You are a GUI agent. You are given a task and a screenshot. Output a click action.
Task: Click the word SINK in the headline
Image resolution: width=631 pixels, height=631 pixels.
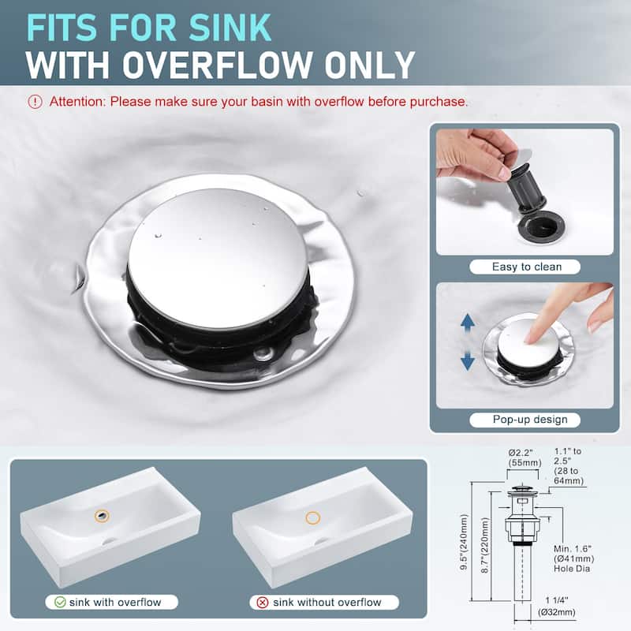point(230,28)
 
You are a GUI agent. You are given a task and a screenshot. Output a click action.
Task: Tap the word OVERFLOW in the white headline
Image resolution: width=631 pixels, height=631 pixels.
point(217,65)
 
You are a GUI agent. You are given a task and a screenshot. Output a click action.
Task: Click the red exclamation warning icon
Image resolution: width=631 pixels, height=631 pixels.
point(35,102)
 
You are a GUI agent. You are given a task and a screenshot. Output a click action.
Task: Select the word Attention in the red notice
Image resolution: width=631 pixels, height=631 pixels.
point(77,102)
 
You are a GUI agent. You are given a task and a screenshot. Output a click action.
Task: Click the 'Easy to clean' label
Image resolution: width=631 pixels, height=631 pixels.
point(526,267)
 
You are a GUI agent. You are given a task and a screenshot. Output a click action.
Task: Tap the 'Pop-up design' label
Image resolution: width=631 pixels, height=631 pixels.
point(530,420)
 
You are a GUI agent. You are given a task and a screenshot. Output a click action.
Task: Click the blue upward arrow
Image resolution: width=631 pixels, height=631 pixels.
point(467,323)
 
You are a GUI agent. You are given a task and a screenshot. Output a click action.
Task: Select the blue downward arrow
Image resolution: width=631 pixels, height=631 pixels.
point(467,360)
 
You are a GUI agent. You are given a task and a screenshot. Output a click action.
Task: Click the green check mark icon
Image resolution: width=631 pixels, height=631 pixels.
point(60,602)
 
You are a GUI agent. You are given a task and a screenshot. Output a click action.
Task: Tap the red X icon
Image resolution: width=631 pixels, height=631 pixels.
point(263,603)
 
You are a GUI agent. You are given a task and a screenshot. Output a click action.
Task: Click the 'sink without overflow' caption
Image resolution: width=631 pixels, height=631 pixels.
point(327,603)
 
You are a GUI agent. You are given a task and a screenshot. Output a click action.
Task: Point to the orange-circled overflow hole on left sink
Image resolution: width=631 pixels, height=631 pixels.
point(102,516)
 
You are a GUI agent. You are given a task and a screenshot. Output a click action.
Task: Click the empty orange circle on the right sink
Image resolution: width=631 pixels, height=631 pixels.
point(312,517)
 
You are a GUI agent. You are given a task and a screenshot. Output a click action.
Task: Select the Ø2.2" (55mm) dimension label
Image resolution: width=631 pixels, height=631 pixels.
point(525,457)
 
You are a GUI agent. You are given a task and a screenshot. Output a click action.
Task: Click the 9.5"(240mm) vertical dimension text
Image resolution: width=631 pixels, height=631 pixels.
point(464,542)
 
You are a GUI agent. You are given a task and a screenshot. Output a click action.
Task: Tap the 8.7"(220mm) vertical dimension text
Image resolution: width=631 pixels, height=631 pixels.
point(485,545)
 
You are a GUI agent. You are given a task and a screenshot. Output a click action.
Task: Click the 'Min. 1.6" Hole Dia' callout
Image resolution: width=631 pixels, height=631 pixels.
point(573,558)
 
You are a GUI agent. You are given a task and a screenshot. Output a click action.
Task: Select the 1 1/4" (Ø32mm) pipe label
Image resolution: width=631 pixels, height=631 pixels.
point(557,607)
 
